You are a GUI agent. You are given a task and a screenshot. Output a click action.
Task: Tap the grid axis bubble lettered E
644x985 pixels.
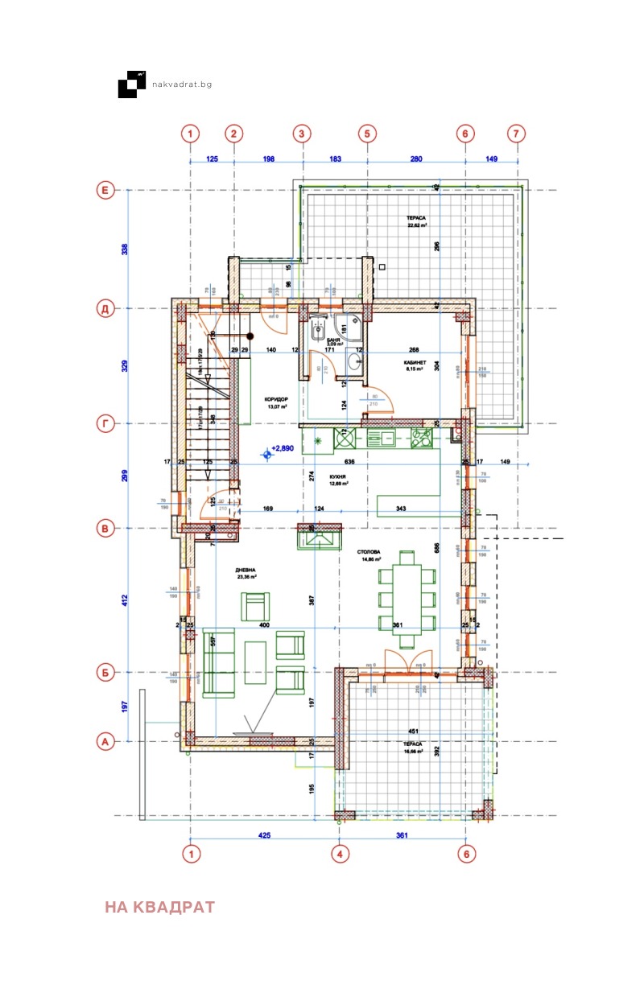pyautogui.click(x=104, y=190)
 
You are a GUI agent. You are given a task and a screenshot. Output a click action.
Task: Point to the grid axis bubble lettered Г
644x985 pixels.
pyautogui.click(x=104, y=423)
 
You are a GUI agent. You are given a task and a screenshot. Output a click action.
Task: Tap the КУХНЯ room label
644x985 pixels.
pyautogui.click(x=337, y=480)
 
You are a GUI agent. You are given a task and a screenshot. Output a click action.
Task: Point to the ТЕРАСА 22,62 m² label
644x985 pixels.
pyautogui.click(x=416, y=222)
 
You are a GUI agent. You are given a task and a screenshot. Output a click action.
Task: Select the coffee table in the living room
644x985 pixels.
pyautogui.click(x=255, y=661)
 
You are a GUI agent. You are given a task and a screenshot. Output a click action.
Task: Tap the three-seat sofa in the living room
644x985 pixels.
pyautogui.click(x=218, y=661)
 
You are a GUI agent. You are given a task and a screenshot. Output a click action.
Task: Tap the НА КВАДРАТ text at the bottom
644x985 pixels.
pyautogui.click(x=159, y=907)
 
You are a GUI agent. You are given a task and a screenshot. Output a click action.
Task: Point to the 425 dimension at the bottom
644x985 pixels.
pyautogui.click(x=264, y=835)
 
